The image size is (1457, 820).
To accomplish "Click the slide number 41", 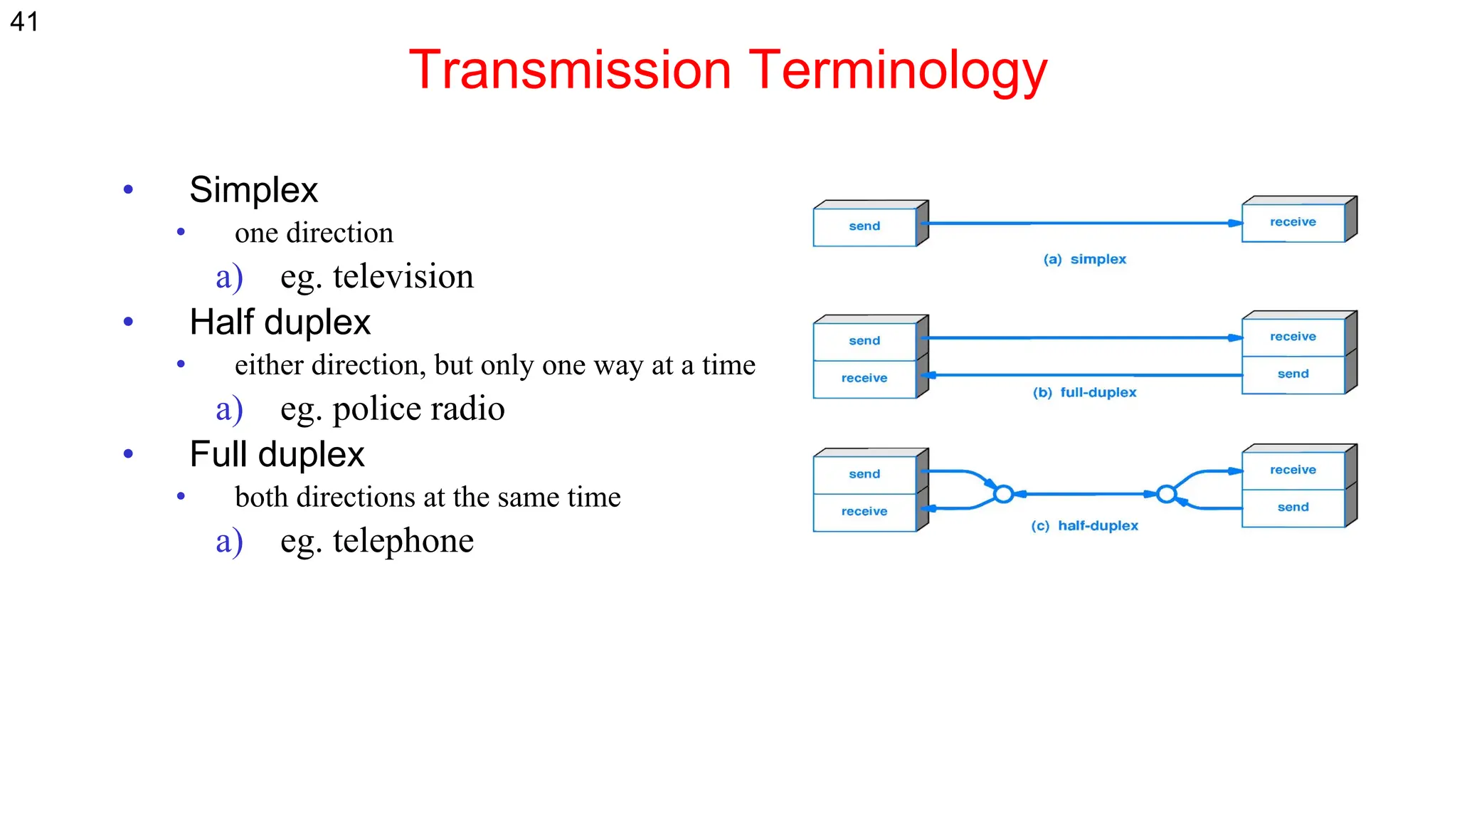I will click(24, 21).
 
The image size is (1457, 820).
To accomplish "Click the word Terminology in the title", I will click(898, 70).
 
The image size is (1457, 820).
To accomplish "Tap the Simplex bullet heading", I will click(253, 189).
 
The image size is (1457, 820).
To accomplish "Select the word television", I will click(403, 276).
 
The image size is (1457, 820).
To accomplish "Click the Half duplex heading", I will click(280, 322).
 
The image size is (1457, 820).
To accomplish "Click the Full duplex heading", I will click(277, 454).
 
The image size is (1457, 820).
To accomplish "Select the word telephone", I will click(403, 541).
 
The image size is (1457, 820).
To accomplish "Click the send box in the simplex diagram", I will click(864, 226).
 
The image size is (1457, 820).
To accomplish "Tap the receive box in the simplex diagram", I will click(1293, 222).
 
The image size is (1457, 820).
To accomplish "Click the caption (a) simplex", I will click(1084, 259).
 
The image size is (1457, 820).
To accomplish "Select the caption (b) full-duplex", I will click(1084, 392).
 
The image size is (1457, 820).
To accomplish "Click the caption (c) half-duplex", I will click(1084, 525).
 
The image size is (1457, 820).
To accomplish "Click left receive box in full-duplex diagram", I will click(864, 378).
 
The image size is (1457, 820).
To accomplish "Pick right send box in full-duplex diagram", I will click(1293, 374).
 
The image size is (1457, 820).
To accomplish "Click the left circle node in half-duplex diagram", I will click(1003, 493).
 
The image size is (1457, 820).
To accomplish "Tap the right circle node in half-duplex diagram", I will click(1166, 493).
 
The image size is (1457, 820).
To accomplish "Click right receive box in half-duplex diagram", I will click(1293, 470).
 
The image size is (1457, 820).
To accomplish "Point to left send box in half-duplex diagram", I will click(864, 474).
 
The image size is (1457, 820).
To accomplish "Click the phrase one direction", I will click(314, 233).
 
